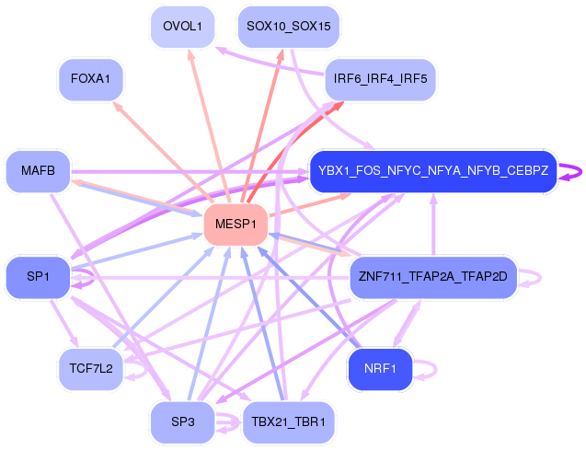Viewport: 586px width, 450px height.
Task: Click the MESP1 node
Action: pos(235,225)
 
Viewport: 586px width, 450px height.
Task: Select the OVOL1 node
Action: pos(182,27)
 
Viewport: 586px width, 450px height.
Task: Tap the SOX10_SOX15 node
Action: pos(288,27)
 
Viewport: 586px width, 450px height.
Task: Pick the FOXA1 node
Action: pos(90,79)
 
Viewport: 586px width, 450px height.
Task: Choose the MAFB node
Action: pos(38,171)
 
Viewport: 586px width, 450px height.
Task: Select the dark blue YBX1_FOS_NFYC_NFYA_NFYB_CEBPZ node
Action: pos(432,171)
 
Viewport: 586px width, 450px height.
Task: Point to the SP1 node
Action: pos(38,276)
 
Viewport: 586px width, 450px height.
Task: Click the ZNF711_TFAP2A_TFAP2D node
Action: pos(434,276)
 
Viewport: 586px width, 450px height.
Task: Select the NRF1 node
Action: pos(379,369)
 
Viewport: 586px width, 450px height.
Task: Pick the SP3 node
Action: pos(182,421)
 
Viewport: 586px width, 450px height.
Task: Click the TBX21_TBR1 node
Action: pos(288,421)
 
